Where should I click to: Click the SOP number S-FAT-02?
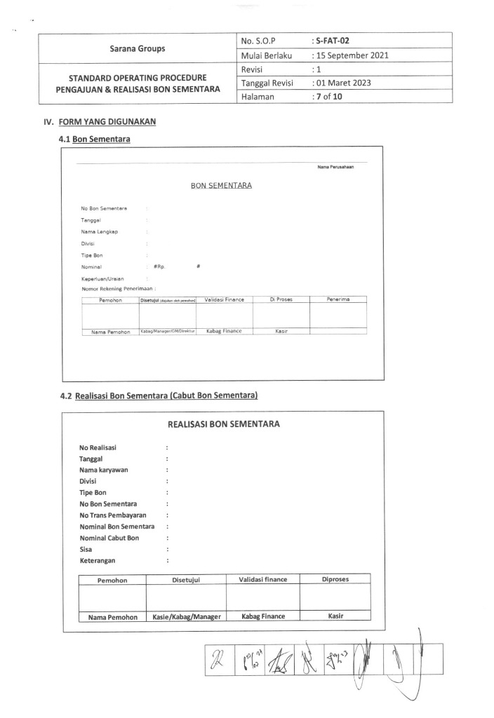331,41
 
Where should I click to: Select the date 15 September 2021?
352,55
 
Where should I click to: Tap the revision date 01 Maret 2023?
342,83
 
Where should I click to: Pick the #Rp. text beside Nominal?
159,267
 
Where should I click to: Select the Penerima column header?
338,300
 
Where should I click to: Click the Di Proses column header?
281,300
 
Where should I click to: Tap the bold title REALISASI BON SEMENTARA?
224,424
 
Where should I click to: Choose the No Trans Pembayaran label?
112,515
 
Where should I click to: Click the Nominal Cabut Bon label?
109,537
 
